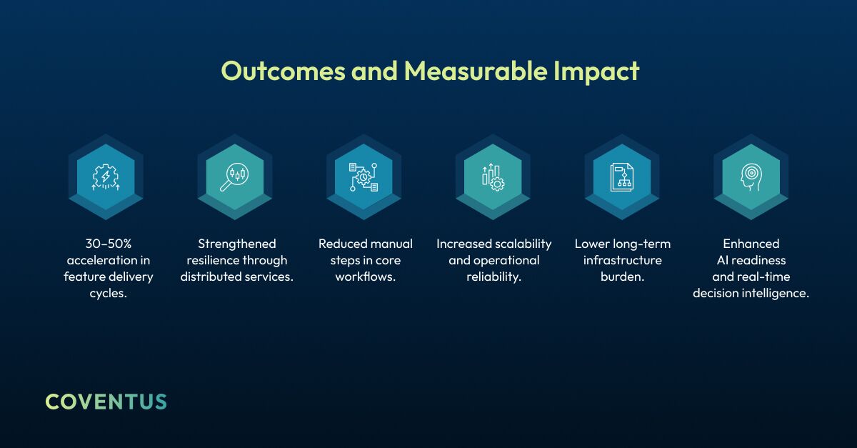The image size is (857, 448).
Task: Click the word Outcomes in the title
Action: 283,71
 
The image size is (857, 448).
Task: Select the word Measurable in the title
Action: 476,71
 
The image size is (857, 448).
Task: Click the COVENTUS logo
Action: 106,402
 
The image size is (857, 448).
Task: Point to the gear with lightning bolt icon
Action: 106,177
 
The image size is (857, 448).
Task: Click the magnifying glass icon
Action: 234,177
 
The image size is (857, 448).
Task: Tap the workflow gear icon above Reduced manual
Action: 364,177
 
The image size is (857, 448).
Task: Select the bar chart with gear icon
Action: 493,177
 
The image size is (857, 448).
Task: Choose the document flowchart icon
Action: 622,177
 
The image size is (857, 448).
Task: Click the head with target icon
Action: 751,177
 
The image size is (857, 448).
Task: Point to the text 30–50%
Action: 109,244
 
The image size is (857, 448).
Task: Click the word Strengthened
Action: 237,244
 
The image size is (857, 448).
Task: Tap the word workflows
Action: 365,277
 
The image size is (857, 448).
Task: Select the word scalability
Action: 523,244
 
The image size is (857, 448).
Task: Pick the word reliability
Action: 493,277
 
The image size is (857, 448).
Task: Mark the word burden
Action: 621,277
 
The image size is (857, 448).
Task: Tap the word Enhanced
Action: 751,244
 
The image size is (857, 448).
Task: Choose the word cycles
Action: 108,294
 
